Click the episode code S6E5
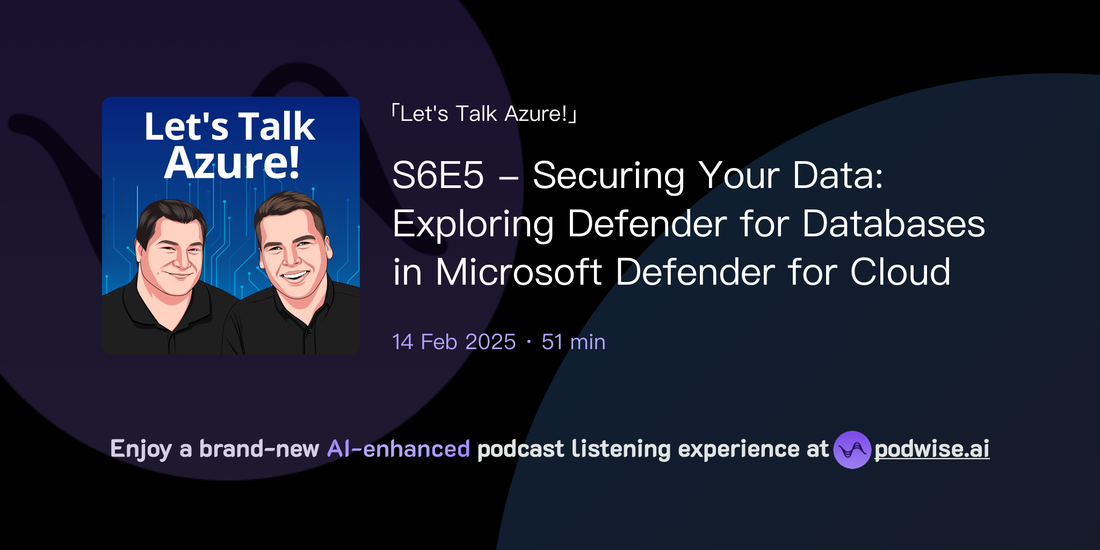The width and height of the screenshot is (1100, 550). tap(438, 176)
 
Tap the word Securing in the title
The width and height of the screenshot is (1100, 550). tap(608, 176)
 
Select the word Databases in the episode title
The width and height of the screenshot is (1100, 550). tap(893, 223)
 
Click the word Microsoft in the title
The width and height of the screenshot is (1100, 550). tap(518, 272)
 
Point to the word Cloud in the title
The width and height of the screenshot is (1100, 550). tap(900, 272)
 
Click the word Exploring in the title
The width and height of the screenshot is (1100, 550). tap(473, 223)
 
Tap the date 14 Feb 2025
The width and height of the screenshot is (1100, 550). tap(454, 342)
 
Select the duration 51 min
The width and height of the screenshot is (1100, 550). tap(573, 342)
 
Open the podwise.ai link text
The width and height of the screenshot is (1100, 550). tap(931, 449)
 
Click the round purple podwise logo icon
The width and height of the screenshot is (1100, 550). tap(852, 450)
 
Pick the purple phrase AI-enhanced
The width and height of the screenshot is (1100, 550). tap(399, 449)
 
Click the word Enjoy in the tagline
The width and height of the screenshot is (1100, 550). tap(141, 449)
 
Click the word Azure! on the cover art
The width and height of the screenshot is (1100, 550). tap(231, 162)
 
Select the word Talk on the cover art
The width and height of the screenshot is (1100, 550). tap(277, 127)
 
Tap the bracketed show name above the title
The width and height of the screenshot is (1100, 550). tap(483, 114)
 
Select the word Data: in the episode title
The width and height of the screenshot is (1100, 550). tap(838, 176)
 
